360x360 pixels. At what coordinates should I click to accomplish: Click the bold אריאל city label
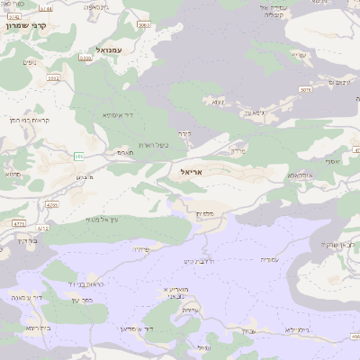193,170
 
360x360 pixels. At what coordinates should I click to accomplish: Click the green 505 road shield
79,157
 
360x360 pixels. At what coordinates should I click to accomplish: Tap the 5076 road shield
306,90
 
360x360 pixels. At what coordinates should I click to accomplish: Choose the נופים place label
29,61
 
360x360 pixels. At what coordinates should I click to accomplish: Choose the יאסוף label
334,161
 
